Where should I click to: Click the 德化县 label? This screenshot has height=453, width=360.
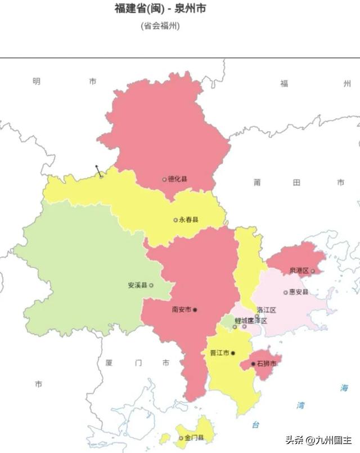click(x=178, y=179)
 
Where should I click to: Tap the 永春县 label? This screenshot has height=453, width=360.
click(x=189, y=219)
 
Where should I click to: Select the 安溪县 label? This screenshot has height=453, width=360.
click(x=137, y=285)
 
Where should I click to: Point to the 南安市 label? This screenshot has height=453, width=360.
click(x=182, y=310)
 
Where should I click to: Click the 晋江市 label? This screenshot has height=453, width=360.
click(x=219, y=353)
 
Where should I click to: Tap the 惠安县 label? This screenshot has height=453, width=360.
click(x=299, y=292)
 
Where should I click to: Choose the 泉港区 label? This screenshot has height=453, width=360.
click(x=299, y=271)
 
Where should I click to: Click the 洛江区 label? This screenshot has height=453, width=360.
click(x=266, y=310)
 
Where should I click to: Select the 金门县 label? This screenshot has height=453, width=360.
click(x=194, y=437)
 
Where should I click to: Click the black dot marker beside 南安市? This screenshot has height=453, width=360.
click(x=195, y=310)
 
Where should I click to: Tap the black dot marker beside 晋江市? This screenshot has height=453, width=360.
click(x=233, y=353)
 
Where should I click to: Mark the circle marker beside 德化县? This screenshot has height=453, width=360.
click(x=164, y=180)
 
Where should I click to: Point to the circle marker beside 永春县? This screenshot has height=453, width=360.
click(x=175, y=220)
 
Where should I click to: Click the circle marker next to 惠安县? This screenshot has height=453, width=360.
click(x=285, y=292)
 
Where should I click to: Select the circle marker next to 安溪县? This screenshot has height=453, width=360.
click(x=151, y=285)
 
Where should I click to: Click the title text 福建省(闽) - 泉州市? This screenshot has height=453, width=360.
click(x=156, y=9)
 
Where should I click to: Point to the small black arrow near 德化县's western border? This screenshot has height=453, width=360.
click(x=98, y=170)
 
